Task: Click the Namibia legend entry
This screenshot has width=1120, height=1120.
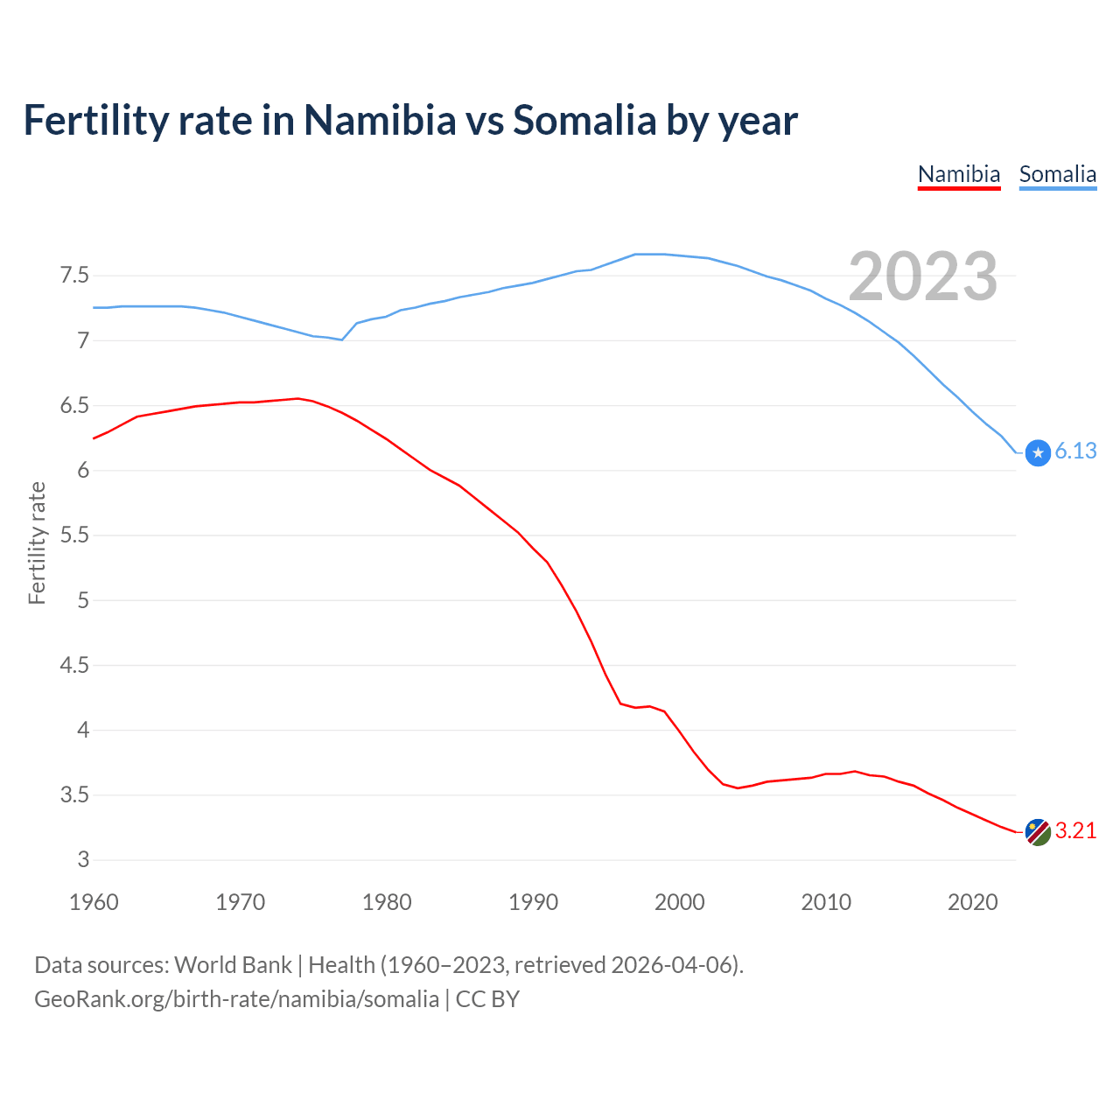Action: (958, 174)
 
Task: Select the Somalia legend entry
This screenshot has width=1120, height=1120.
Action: (1057, 174)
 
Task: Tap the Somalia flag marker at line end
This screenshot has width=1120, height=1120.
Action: (1037, 452)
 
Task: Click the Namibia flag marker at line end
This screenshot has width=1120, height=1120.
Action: (1037, 832)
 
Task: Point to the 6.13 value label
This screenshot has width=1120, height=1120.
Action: (1075, 451)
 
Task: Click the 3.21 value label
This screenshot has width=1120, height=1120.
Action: (1075, 831)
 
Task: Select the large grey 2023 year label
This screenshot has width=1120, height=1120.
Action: (923, 276)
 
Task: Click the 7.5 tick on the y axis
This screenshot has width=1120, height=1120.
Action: (74, 276)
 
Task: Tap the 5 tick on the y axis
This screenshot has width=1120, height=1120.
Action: (83, 601)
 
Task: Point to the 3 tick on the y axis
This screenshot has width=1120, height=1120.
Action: (83, 860)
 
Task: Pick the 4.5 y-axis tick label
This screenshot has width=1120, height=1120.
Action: (74, 666)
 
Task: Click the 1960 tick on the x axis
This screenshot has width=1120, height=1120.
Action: (94, 902)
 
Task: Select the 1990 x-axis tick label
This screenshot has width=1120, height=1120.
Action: (533, 902)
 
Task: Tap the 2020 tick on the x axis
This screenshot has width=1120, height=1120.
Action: (972, 902)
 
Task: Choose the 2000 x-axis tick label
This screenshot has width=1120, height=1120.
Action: (679, 902)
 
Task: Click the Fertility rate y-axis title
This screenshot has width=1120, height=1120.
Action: (37, 542)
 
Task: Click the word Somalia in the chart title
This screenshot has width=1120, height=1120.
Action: (584, 121)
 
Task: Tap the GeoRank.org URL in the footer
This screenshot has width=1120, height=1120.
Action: (236, 999)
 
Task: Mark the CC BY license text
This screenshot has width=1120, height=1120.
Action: (487, 999)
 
